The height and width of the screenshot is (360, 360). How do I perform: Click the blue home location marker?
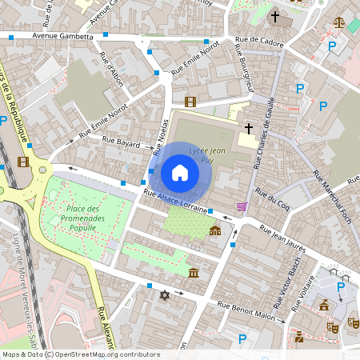click(x=180, y=173)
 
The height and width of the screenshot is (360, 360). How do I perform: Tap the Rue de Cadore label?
click(x=260, y=42)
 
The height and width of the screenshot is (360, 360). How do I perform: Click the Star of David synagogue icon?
click(x=166, y=296)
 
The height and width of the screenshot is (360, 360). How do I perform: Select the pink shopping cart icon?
click(x=242, y=207)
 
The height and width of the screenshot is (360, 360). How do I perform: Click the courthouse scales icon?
click(x=340, y=23)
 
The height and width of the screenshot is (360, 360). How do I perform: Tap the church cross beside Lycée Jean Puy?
click(x=249, y=128)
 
